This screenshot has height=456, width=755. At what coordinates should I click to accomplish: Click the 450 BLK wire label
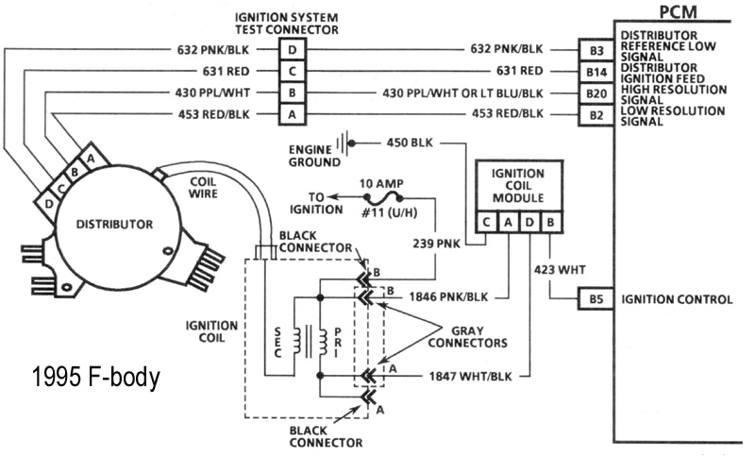pos(410,144)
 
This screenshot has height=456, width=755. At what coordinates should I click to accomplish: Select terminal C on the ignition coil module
pos(486,223)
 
